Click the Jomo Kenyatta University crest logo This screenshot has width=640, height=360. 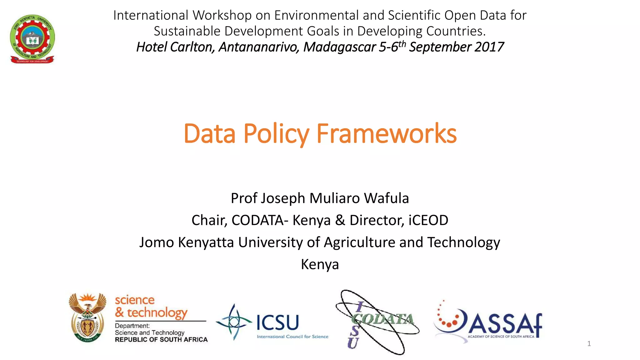click(32, 39)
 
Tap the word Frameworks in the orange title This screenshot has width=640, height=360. click(386, 134)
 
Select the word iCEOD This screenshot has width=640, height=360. click(428, 220)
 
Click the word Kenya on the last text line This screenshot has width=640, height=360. click(320, 264)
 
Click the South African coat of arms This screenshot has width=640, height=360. click(87, 317)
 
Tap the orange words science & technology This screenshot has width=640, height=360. click(151, 307)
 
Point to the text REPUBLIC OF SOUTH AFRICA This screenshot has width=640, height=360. click(161, 340)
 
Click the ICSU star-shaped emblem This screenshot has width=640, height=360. click(234, 322)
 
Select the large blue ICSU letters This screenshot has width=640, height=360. click(278, 322)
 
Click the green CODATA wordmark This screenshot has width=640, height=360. click(383, 319)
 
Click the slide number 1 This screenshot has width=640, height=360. click(589, 344)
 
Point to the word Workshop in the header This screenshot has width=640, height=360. click(222, 15)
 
